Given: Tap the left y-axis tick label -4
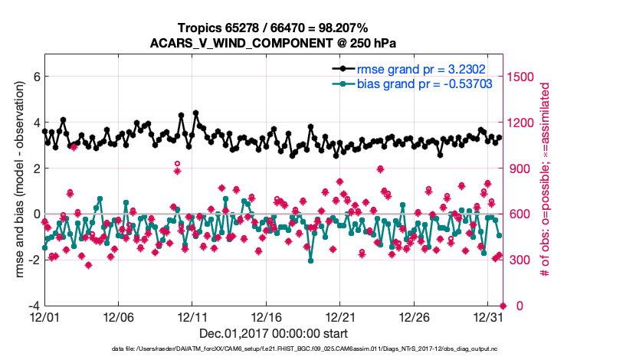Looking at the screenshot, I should tap(33, 306).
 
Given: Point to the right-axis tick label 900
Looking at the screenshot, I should tap(521, 169).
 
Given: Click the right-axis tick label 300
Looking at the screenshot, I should tap(521, 260).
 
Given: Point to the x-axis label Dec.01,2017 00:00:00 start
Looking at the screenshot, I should tap(273, 333).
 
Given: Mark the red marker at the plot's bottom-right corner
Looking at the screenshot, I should tap(503, 306).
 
